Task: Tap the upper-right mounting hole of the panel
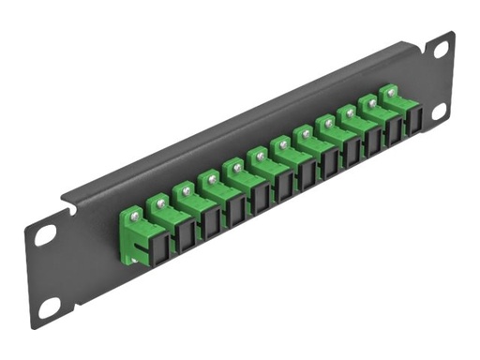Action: pos(436,54)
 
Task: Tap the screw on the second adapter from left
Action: pos(162,200)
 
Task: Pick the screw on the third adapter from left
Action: pos(187,188)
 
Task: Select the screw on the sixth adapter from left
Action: pos(262,155)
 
